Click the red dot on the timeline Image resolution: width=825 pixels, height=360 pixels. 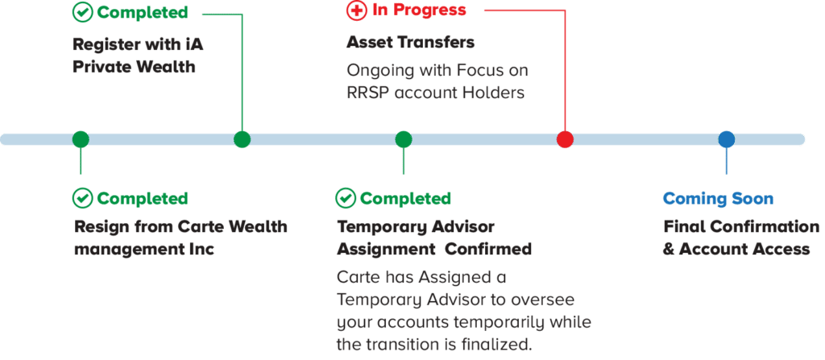pos(565,139)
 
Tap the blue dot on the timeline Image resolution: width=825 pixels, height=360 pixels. pos(726,139)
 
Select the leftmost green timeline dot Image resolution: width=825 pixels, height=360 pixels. pos(80,139)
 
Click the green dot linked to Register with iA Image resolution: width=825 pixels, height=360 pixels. pos(242,139)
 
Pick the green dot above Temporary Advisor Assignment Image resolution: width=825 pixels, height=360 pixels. pos(404,139)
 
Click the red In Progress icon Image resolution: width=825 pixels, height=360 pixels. pos(354,11)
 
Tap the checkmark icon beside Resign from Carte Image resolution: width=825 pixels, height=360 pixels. pos(81,197)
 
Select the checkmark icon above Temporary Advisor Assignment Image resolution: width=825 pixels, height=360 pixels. pos(346,197)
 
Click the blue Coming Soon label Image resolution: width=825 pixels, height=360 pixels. pos(718,198)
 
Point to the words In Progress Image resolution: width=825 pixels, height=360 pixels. pos(419,11)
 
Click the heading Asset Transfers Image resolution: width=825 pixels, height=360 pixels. pos(410,42)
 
